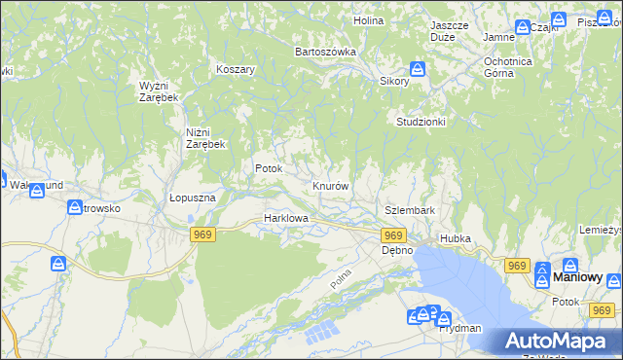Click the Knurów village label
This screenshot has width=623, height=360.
330,185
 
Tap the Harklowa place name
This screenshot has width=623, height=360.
286,219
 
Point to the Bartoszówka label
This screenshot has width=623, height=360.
325,52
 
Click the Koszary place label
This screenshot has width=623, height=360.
236,70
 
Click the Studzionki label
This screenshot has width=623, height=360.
421,122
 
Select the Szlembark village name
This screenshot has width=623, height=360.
409,210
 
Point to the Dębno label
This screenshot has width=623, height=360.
396,250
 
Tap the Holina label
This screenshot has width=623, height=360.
368,19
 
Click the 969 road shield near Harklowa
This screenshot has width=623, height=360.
202,234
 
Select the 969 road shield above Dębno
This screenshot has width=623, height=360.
393,235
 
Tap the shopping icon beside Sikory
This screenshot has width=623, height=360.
417,69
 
